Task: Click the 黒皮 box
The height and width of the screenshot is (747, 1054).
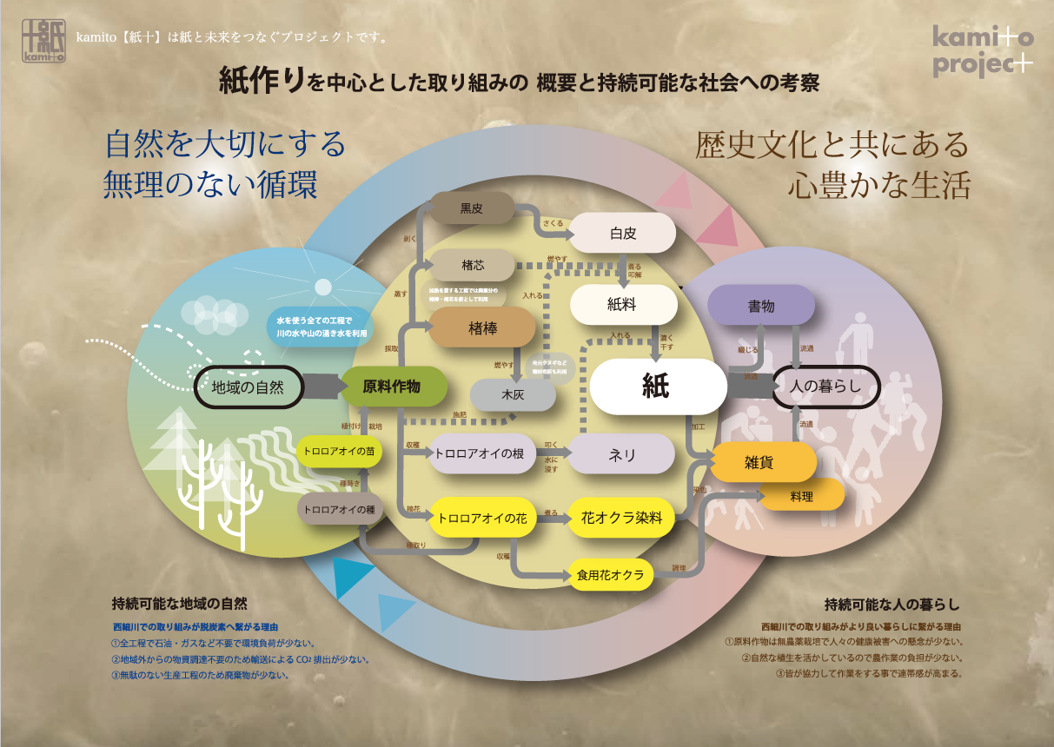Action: pos(471,208)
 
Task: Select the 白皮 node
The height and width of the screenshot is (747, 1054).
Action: pos(623,233)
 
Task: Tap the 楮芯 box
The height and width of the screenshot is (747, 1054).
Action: pos(471,265)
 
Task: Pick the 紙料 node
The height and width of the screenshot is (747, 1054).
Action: pos(623,304)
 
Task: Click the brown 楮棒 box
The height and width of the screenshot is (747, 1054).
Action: pos(481,327)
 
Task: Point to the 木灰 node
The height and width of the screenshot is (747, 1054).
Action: pos(513,395)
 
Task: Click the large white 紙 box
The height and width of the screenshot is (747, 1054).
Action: pos(658,386)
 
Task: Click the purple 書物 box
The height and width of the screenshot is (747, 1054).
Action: pos(761,306)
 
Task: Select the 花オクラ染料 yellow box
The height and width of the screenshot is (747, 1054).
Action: pos(621,519)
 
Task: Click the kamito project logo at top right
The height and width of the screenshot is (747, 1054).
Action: pos(984,51)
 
